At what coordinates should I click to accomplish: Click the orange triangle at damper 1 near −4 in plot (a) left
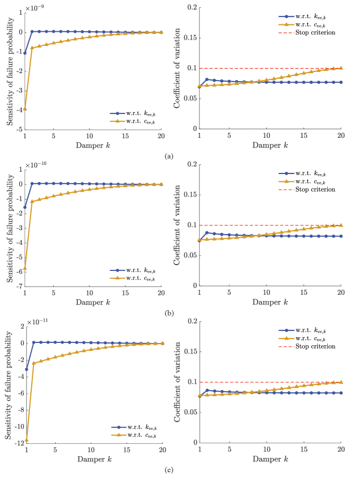point(25,108)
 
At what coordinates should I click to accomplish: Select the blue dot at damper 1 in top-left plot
point(25,53)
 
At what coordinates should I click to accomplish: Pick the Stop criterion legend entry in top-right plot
point(315,32)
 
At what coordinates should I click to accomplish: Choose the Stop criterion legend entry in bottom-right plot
point(315,346)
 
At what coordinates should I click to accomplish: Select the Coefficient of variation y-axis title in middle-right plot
point(176,225)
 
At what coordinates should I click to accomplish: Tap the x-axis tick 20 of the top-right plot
point(340,137)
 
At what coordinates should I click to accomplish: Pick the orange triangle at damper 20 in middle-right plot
point(341,225)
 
